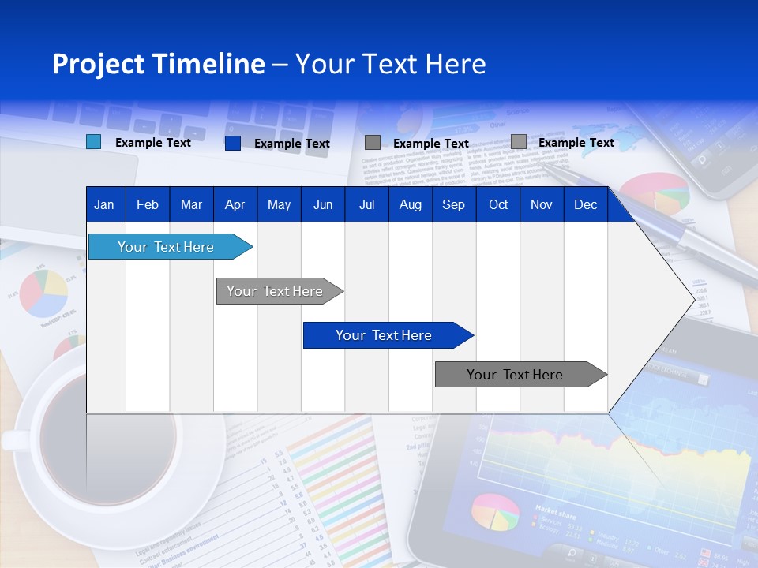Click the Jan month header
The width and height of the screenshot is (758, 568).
coord(104,205)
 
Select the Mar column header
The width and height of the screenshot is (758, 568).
coord(191,205)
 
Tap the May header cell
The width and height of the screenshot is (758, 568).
coord(279,205)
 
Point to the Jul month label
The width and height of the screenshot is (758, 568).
coord(366,205)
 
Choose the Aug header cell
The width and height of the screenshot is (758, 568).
coord(410,205)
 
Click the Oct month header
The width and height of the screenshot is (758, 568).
coord(498,205)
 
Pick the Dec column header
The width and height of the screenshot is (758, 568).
coord(585,205)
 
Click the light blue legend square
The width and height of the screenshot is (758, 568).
coord(93,142)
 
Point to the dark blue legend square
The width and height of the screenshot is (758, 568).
coord(232,143)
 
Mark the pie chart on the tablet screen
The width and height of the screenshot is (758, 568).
coord(495,512)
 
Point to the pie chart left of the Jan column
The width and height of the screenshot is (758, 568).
coord(43,293)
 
